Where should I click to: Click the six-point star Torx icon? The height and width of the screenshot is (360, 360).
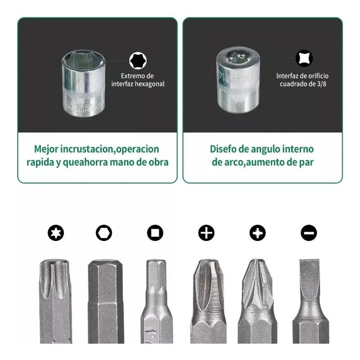click(x=56, y=233)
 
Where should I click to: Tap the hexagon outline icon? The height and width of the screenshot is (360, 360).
click(x=104, y=233)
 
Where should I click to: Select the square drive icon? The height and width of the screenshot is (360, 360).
click(x=155, y=233)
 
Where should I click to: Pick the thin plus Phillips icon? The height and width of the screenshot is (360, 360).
click(x=207, y=233)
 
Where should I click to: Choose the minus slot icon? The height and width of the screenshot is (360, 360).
click(x=309, y=233)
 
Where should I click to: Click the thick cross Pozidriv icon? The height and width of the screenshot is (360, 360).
click(x=257, y=233)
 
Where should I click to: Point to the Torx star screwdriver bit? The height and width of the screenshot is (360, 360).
click(x=55, y=301)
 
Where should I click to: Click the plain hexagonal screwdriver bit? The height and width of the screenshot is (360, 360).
click(x=106, y=301)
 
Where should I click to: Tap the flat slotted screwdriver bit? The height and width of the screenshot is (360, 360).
click(x=310, y=301)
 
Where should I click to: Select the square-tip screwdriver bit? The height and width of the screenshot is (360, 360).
click(x=157, y=301)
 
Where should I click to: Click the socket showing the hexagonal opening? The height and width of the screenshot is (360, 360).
click(x=84, y=83)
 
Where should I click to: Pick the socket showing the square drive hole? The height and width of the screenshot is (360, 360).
click(x=238, y=81)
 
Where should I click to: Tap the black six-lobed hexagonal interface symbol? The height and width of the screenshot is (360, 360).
click(x=138, y=61)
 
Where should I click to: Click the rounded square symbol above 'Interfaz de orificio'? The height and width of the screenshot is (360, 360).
click(x=304, y=58)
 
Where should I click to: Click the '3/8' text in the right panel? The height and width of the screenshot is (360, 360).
click(x=321, y=84)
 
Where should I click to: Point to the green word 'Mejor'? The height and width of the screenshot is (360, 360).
click(x=46, y=149)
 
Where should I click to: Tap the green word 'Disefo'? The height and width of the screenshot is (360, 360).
click(x=223, y=149)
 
